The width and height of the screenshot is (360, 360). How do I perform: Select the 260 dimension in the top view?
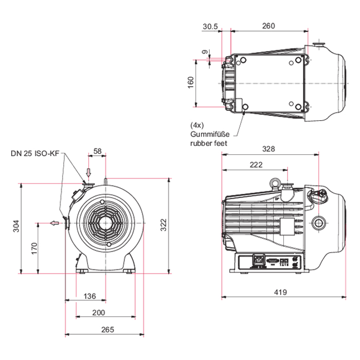tap(268, 26)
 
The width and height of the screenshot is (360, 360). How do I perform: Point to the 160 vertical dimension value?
tap(190, 82)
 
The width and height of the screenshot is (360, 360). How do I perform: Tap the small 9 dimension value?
tap(204, 52)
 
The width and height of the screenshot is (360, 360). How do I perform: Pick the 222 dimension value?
tap(255, 165)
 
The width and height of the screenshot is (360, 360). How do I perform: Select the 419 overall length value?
tap(280, 292)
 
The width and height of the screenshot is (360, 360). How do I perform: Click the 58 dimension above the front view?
tap(97, 152)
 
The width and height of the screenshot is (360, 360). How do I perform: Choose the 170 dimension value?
tap(33, 248)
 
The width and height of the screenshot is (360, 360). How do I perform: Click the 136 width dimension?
tap(89, 296)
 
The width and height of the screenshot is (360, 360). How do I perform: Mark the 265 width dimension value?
tap(107, 330)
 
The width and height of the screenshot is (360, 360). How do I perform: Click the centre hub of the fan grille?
tap(106, 224)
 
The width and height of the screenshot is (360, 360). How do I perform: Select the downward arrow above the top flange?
tap(88, 172)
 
